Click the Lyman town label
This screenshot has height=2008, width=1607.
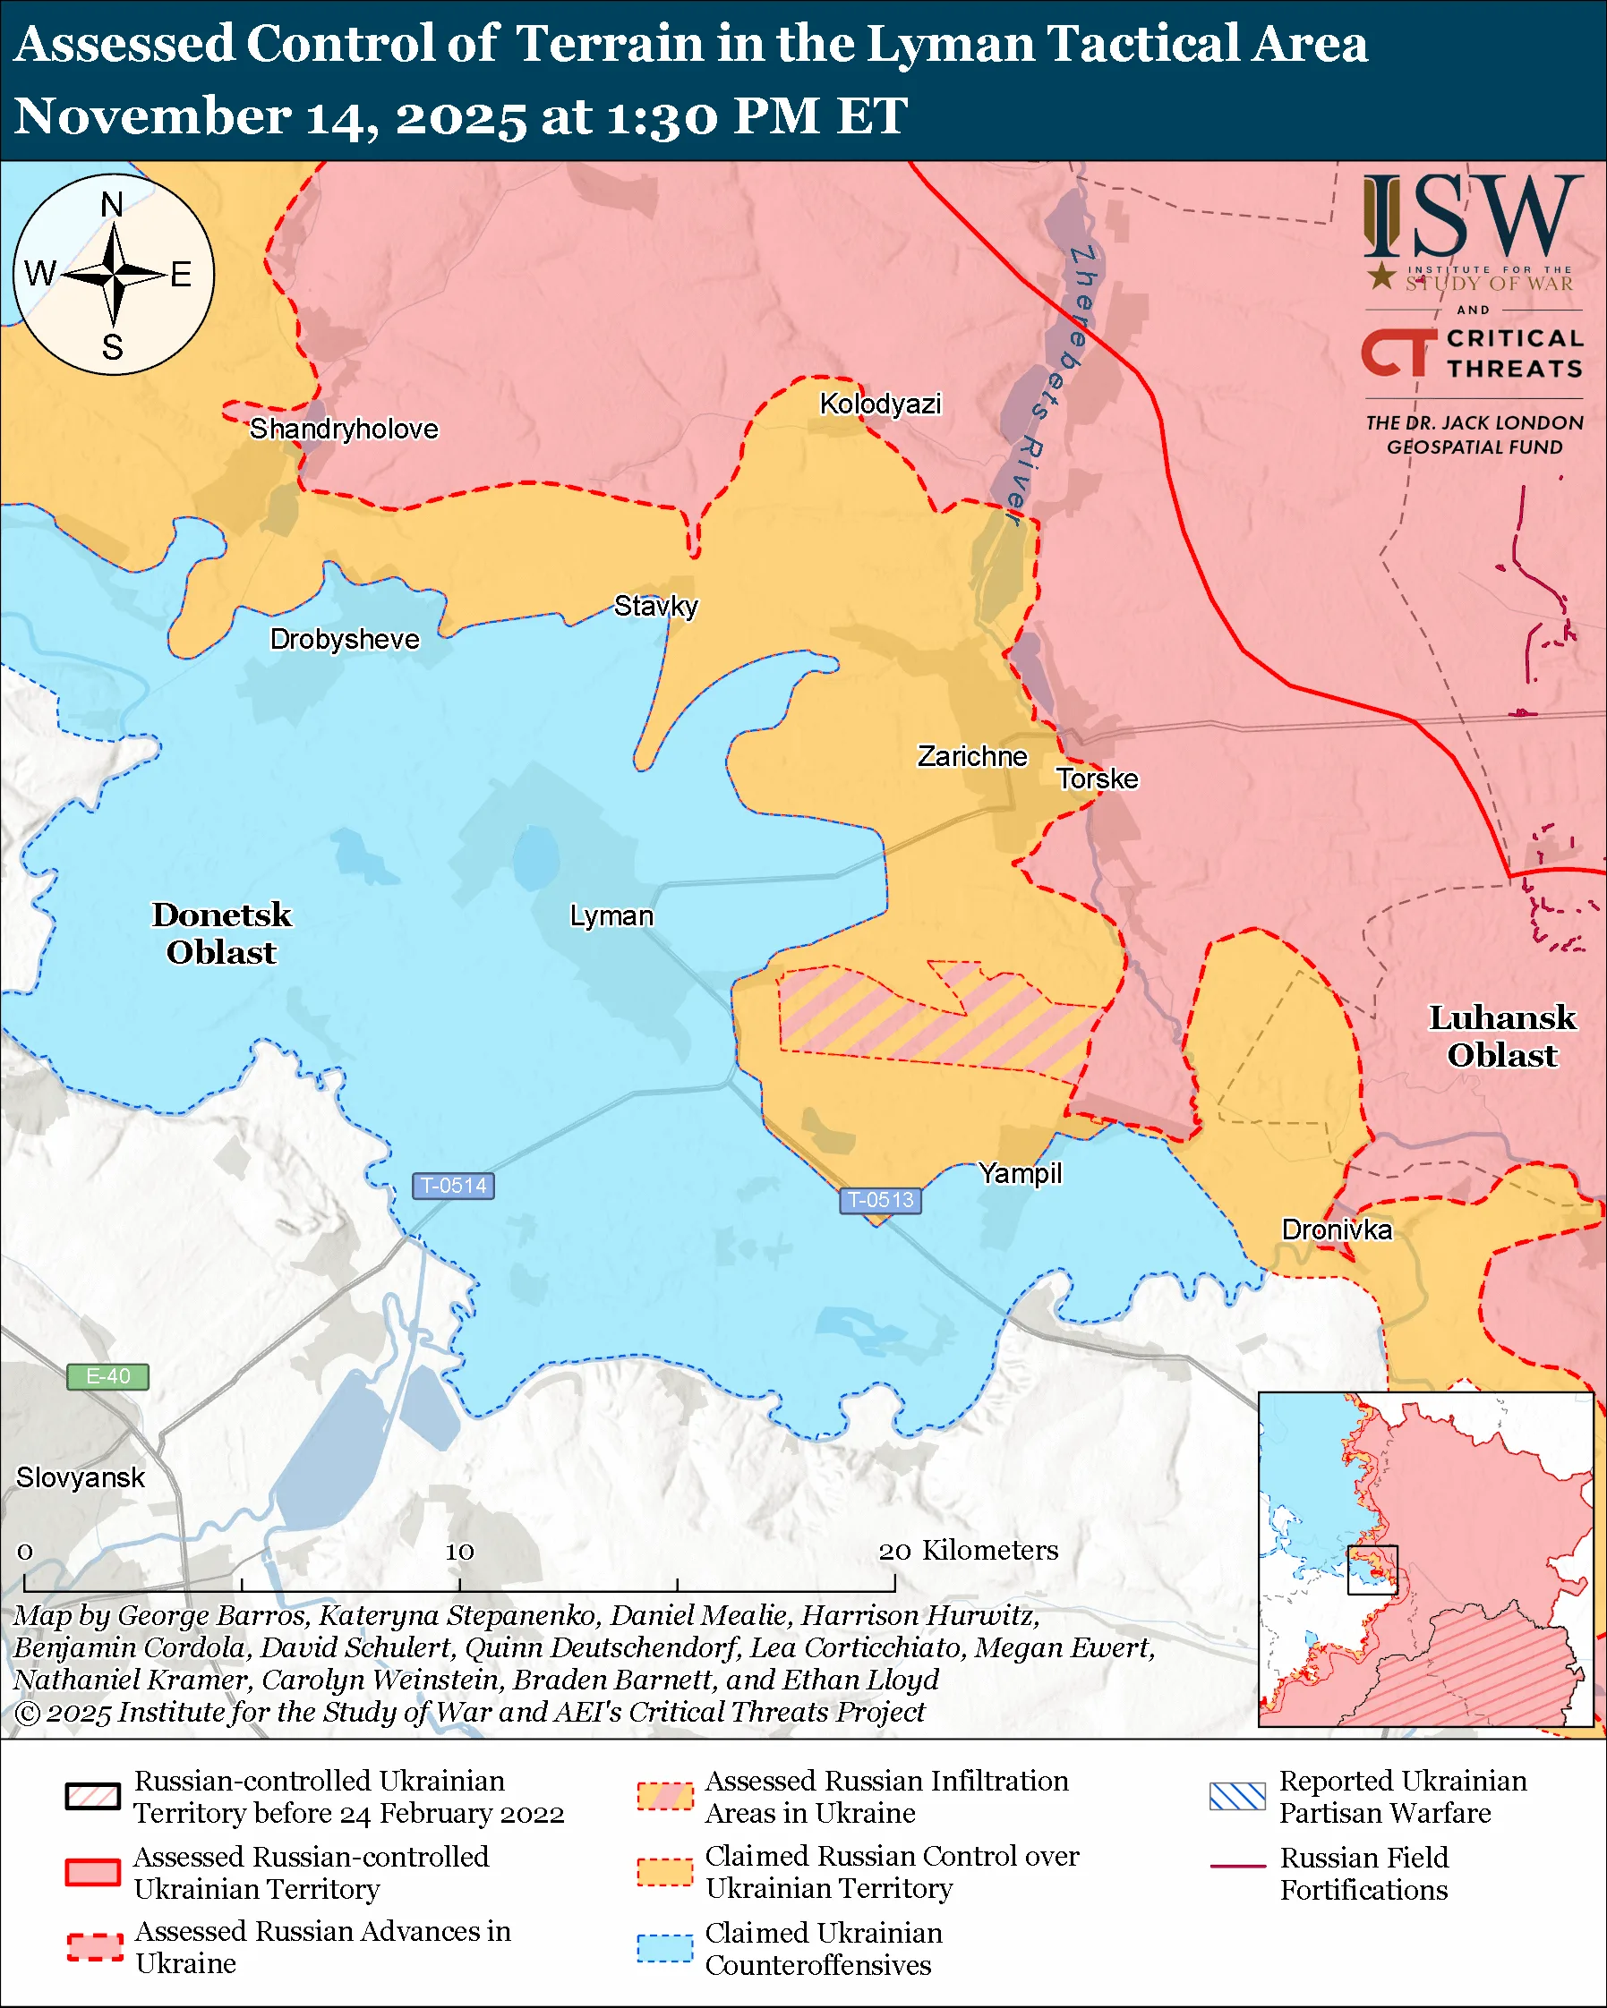611,916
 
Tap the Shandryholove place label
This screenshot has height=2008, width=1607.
344,430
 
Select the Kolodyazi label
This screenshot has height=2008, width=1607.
880,404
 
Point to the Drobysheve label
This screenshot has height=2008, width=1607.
345,640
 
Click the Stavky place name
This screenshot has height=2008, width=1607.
656,607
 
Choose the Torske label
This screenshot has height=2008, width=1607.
1098,779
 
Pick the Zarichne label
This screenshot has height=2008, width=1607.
972,756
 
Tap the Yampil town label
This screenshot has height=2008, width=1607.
1021,1173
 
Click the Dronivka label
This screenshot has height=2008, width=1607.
1337,1230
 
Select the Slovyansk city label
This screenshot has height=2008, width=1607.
81,1478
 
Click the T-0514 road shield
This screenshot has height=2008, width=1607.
454,1186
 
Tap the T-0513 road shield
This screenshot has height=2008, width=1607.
880,1200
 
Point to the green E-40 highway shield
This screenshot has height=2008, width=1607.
108,1376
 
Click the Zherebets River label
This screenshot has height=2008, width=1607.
1054,382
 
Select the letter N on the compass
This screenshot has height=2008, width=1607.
112,204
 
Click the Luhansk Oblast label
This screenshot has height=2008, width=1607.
1501,1036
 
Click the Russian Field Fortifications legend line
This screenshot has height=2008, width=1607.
1237,1867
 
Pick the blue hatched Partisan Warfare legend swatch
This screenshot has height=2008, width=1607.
1237,1797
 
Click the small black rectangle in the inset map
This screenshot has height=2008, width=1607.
1372,1570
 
